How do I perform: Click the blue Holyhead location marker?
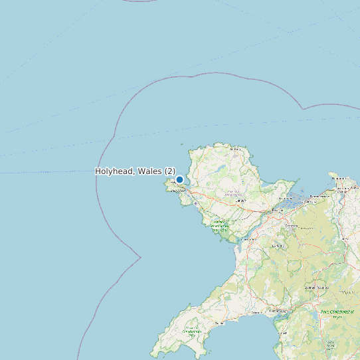coord(179,179)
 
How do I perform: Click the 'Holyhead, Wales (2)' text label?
coord(135,171)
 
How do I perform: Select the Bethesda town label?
coord(291,226)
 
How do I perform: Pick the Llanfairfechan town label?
coord(310,202)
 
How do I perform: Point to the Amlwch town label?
coord(234,150)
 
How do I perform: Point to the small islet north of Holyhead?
coord(181,143)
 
